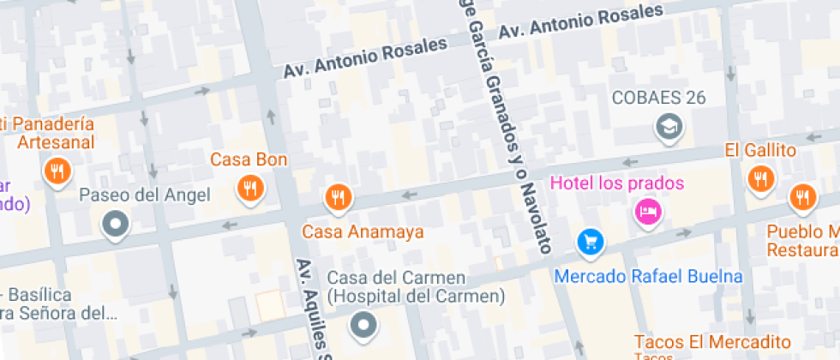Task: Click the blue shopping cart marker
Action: click(590, 242)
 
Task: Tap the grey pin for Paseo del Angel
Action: click(115, 225)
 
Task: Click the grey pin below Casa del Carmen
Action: click(365, 324)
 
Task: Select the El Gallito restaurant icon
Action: click(759, 179)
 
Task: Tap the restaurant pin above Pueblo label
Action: click(802, 196)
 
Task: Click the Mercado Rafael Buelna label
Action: click(648, 277)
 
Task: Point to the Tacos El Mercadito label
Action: click(712, 340)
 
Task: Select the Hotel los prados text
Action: click(617, 183)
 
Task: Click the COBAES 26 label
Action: click(658, 97)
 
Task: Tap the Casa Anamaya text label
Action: click(363, 231)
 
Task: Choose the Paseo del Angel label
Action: click(144, 195)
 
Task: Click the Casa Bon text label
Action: click(249, 159)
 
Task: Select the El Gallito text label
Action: click(760, 151)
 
